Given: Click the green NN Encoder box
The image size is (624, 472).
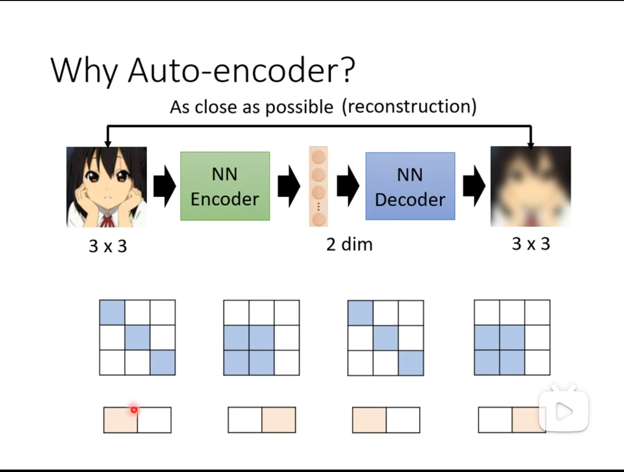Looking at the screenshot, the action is [x=225, y=186].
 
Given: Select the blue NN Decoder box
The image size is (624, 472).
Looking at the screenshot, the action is [x=410, y=186].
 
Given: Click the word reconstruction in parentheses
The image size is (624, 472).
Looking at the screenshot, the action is [x=410, y=107].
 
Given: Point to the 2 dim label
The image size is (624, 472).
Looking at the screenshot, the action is [x=349, y=244].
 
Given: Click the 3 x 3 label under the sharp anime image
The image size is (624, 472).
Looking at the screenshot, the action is [x=108, y=245].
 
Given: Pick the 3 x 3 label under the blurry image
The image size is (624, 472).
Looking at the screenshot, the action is [x=531, y=244].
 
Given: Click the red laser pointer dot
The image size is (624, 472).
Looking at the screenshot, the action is [x=134, y=410].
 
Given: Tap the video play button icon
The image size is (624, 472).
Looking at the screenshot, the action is [x=563, y=411].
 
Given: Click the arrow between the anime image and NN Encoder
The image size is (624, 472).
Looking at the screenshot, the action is [x=164, y=186].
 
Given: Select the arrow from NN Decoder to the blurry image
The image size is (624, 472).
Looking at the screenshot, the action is [x=474, y=186].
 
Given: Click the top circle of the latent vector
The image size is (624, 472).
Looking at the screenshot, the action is [x=319, y=157].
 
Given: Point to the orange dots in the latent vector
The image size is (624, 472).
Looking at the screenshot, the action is [x=319, y=207].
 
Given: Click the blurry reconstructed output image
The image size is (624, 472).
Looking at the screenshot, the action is [x=531, y=187].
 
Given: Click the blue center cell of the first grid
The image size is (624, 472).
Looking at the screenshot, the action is [x=137, y=338].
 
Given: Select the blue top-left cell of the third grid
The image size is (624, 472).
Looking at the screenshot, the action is [x=360, y=313].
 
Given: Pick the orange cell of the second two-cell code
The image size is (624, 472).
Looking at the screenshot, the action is [x=279, y=420].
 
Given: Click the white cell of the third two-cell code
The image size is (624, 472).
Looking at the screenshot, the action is [x=403, y=420].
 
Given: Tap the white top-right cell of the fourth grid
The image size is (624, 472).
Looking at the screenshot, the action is [x=537, y=312].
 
